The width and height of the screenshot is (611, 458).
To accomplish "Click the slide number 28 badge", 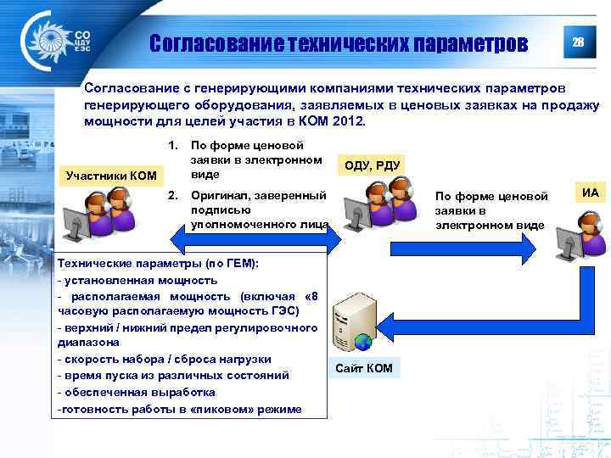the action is click(x=577, y=43).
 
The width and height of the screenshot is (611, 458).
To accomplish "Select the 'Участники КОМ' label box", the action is click(x=112, y=176).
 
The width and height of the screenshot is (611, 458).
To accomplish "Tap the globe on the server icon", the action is click(x=362, y=343).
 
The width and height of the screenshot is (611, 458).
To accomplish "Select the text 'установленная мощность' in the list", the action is click(x=140, y=280).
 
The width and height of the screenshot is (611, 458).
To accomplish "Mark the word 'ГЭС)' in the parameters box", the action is click(x=282, y=311).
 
